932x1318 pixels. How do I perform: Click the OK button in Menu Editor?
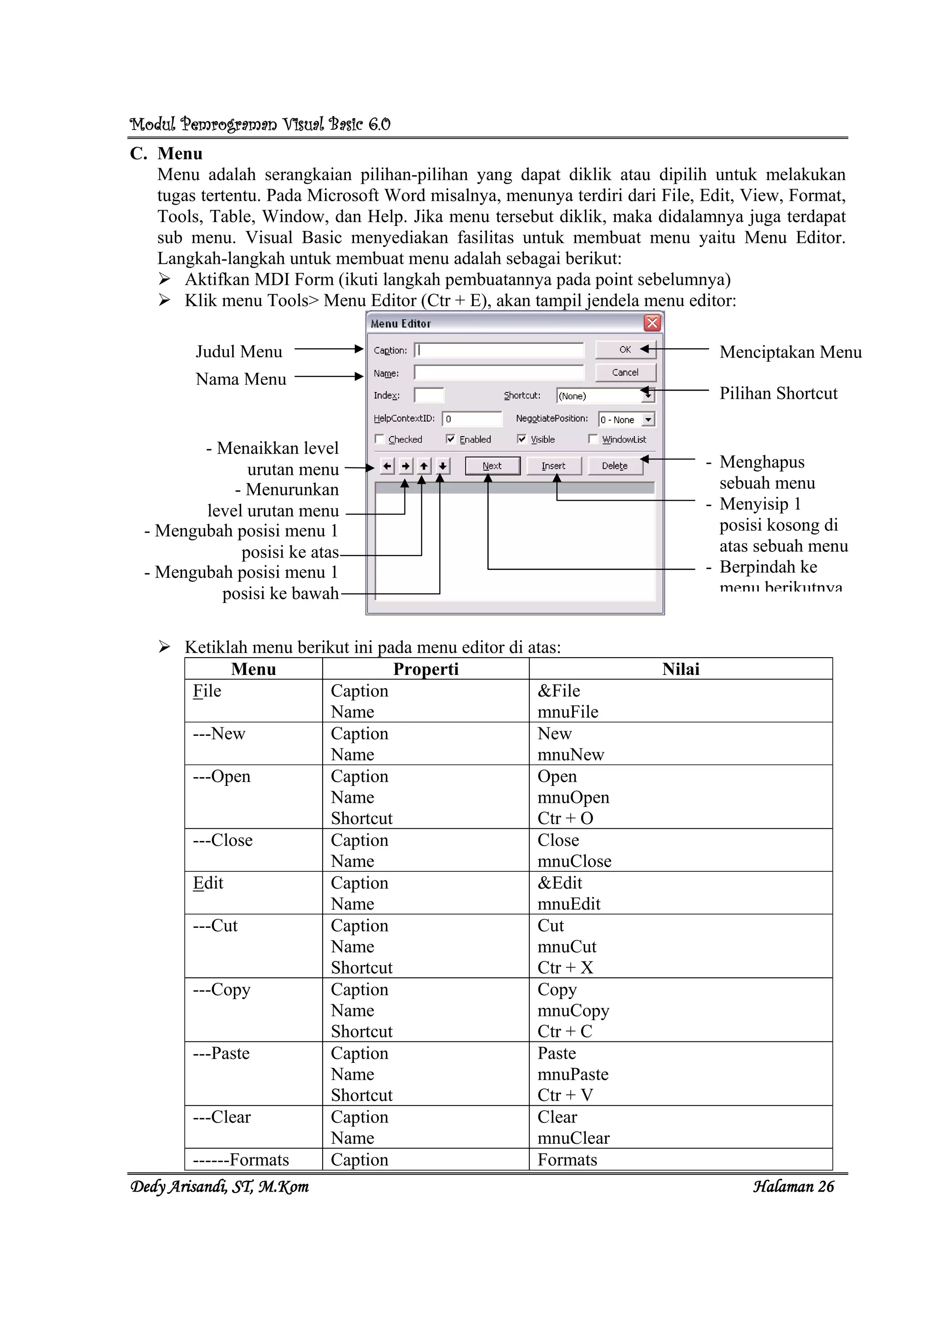(x=625, y=350)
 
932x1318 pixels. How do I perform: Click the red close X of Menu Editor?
(x=652, y=323)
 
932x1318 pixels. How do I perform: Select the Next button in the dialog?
(x=492, y=466)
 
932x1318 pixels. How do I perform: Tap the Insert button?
(x=553, y=466)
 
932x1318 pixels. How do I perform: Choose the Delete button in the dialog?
(x=614, y=466)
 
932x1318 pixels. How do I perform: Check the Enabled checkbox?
(x=451, y=439)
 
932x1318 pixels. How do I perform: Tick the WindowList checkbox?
(x=593, y=439)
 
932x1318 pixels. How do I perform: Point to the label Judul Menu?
(x=239, y=351)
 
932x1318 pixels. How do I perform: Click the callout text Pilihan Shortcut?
(x=778, y=393)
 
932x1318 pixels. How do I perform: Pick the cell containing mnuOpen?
(x=573, y=797)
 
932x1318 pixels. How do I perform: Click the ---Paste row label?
(x=222, y=1053)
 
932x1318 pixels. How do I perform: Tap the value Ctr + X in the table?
(x=565, y=968)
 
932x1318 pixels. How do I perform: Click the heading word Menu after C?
(x=180, y=154)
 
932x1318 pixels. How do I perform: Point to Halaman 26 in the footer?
(x=793, y=1187)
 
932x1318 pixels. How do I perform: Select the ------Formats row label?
(x=241, y=1160)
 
